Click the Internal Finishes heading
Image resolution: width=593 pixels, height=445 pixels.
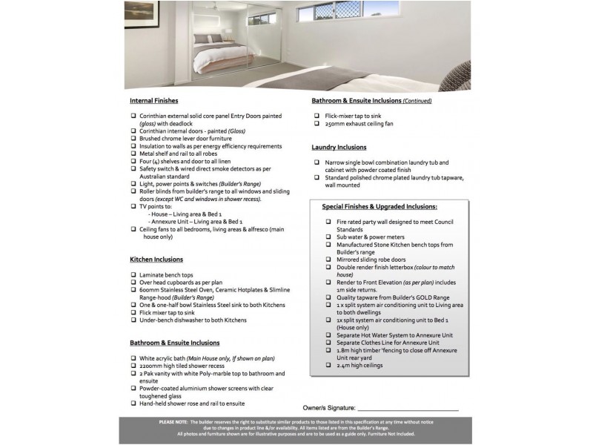pos(153,100)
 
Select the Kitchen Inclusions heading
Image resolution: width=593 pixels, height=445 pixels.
pos(156,260)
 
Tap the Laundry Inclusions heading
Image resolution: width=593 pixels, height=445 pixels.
pos(339,147)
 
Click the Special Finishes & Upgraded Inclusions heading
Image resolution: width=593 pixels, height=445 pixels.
pos(380,207)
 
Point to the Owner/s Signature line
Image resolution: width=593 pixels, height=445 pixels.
pos(408,408)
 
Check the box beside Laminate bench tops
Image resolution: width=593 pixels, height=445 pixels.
pos(133,275)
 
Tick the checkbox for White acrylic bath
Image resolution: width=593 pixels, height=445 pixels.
pos(133,358)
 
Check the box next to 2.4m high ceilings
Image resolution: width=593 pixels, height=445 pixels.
pos(328,366)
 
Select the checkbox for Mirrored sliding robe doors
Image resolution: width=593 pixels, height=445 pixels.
pos(328,260)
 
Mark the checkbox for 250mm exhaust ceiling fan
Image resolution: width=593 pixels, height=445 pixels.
pos(317,124)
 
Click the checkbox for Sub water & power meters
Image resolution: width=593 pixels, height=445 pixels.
pos(328,237)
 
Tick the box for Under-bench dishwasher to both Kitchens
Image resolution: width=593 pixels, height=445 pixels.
pos(133,320)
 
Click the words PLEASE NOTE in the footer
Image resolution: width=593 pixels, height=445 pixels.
pos(173,421)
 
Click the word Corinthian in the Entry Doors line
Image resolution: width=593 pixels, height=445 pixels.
pos(156,116)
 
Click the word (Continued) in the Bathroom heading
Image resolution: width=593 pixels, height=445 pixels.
pos(417,100)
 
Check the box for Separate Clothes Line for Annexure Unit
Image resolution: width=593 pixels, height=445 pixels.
pos(328,343)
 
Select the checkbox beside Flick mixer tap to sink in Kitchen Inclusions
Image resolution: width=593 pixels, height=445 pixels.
pos(133,312)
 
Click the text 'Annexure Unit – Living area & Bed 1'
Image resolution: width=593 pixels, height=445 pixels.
pos(196,222)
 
